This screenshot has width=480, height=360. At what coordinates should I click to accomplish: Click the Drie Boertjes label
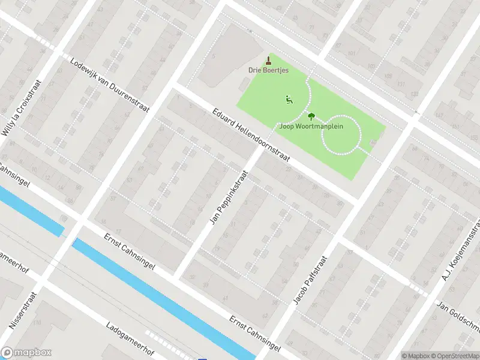pos(269,70)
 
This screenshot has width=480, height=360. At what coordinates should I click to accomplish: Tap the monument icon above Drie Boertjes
pos(269,60)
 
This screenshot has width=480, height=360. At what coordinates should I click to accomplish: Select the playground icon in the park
pos(289,100)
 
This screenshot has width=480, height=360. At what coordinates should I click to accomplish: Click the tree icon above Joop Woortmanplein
pos(311,116)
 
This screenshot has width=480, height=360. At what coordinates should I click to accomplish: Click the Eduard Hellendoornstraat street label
pos(251,136)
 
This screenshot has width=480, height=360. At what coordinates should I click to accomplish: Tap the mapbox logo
pos(26,353)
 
